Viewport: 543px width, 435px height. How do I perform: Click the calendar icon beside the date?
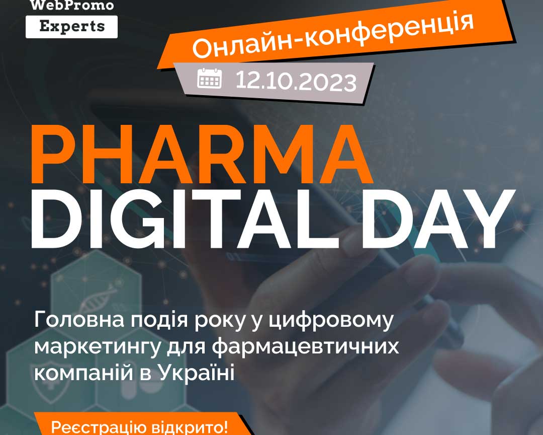click(x=210, y=78)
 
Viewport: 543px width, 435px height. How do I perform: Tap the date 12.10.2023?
click(x=296, y=82)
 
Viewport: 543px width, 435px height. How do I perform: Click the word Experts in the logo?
click(x=72, y=26)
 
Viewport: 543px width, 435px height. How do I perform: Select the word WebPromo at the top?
click(x=72, y=5)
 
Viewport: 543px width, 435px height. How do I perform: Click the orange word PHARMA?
click(x=202, y=154)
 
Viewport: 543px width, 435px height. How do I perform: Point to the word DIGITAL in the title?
click(x=185, y=219)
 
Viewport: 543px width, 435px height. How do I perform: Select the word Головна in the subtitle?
click(x=79, y=320)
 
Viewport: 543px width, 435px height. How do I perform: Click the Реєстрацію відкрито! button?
click(x=140, y=426)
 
